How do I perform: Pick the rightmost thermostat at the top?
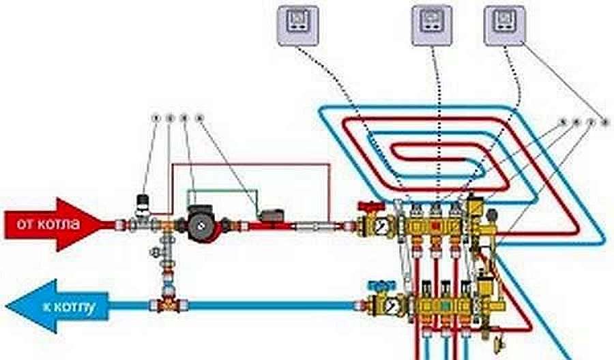506,25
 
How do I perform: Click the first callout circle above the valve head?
156,119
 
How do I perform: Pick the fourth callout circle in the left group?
199,119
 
